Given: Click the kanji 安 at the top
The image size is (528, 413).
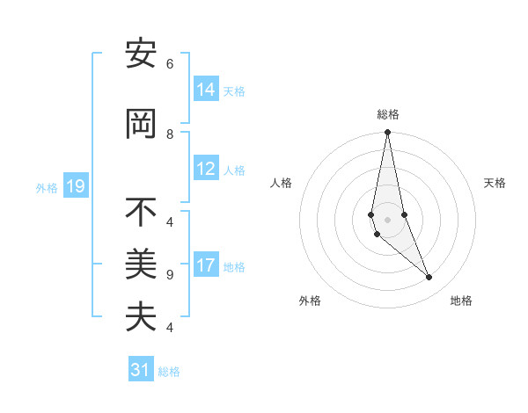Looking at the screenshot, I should click(x=141, y=56).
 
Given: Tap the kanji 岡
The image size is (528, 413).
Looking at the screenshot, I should click(x=141, y=126).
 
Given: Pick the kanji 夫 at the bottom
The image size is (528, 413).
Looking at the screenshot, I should click(x=141, y=316).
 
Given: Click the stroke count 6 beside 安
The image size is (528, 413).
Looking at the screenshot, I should click(x=170, y=64).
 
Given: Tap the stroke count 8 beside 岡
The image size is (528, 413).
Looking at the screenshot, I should click(x=170, y=134).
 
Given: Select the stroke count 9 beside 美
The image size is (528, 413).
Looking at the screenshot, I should click(x=170, y=275).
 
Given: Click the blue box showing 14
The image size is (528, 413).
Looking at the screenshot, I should click(x=206, y=90).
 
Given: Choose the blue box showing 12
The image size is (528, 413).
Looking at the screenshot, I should click(x=206, y=170).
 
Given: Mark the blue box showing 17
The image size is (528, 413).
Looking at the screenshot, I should click(x=206, y=266).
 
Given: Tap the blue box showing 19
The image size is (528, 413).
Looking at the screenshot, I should click(x=76, y=186).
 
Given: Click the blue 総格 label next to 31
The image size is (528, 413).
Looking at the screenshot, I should click(x=169, y=372).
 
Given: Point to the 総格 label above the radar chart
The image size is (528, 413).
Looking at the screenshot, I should click(x=388, y=114).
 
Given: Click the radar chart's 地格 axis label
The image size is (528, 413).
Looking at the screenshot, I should click(x=461, y=301).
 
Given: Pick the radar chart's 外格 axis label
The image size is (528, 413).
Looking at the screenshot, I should click(x=310, y=301).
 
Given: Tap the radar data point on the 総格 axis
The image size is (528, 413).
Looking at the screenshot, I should click(x=387, y=133).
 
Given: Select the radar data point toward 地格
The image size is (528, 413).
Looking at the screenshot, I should click(x=429, y=278).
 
